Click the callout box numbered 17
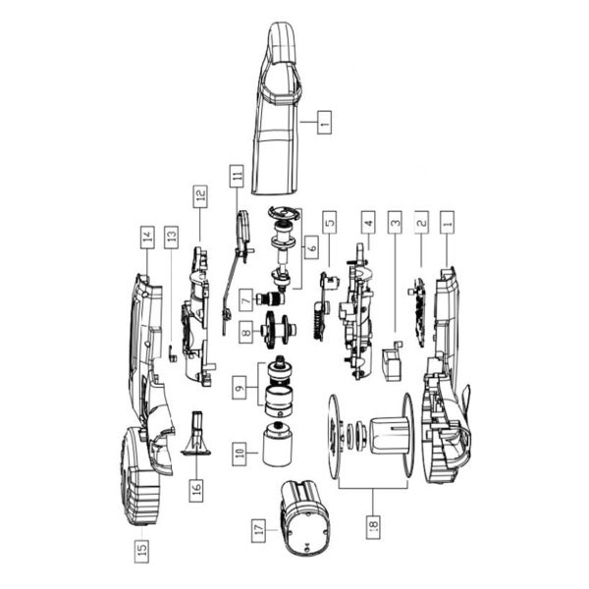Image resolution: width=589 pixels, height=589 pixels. [258, 531]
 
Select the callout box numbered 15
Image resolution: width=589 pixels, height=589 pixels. [141, 551]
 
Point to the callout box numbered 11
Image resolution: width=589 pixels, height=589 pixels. [237, 176]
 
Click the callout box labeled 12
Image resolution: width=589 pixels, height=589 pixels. [200, 196]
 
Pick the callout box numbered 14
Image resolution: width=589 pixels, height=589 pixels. [147, 238]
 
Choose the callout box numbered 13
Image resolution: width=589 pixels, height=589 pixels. [171, 238]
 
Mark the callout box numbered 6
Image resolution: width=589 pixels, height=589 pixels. [312, 247]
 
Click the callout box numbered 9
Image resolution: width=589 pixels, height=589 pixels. [240, 388]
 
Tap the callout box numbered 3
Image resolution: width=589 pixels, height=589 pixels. [395, 223]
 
